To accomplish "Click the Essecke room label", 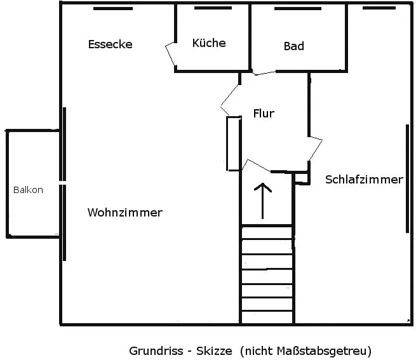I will click(x=110, y=44).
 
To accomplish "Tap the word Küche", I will click(x=209, y=43).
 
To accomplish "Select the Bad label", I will click(x=293, y=46).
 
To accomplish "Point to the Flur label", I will click(x=264, y=114).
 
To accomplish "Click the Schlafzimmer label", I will click(x=364, y=180).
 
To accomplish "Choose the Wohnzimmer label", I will click(x=124, y=213).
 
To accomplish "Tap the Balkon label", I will click(x=28, y=190).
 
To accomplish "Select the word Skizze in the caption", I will click(x=216, y=350).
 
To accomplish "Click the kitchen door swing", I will click(x=170, y=54).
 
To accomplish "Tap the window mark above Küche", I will click(x=213, y=8).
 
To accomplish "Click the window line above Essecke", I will click(x=112, y=8).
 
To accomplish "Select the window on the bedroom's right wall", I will click(x=407, y=178).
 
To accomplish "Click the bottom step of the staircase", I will click(x=267, y=318).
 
